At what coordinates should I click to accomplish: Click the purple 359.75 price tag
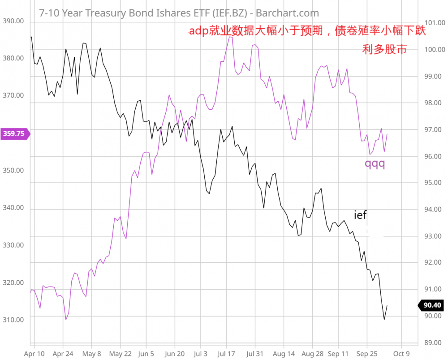click(x=15, y=133)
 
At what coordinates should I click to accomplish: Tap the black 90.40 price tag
click(x=432, y=305)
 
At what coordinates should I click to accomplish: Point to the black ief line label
click(x=360, y=215)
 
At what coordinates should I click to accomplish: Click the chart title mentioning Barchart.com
click(x=179, y=13)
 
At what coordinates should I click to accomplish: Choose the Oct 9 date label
click(x=401, y=353)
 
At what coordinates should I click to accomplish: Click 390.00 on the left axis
click(x=13, y=21)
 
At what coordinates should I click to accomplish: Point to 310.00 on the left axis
click(x=13, y=320)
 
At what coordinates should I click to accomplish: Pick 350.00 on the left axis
click(x=13, y=171)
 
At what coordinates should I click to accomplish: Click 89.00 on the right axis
click(x=432, y=343)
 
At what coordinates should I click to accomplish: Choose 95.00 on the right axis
click(x=432, y=183)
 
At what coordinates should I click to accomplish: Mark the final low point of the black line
click(x=384, y=319)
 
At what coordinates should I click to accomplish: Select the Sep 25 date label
click(x=367, y=353)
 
